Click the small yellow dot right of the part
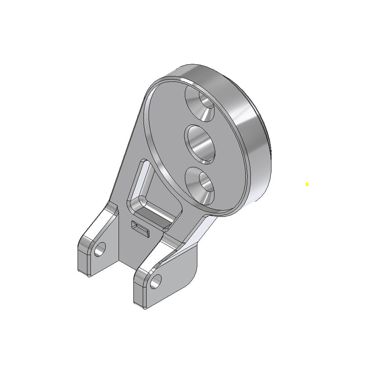pos(307,184)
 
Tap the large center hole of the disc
pos(200,143)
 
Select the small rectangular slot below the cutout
pos(141,228)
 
